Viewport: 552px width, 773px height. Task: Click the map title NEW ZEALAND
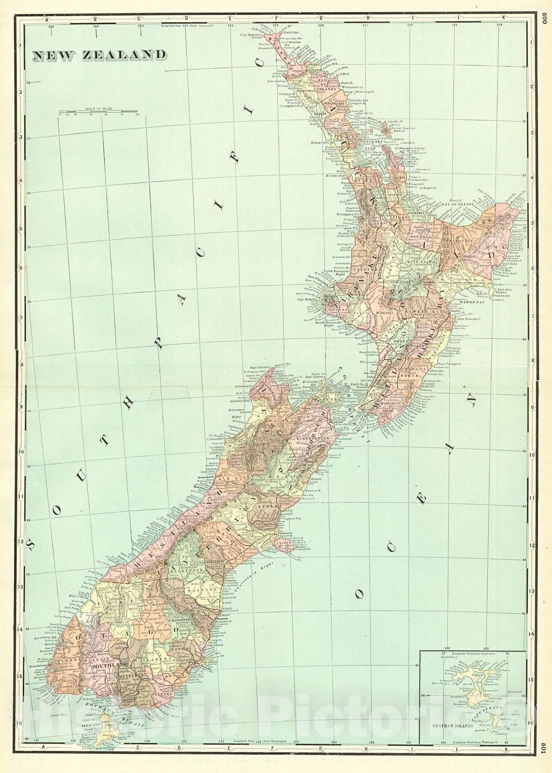pos(99,56)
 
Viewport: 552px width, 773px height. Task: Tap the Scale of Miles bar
pos(99,113)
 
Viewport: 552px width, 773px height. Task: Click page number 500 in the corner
pos(544,18)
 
